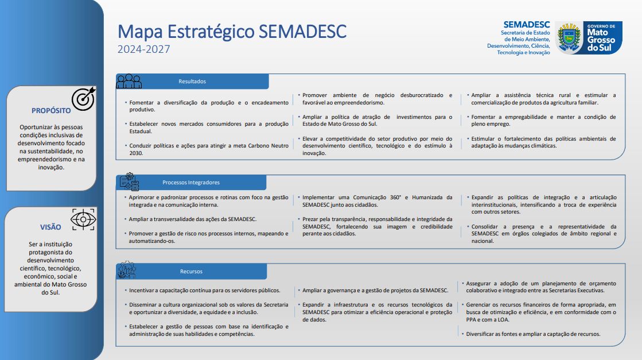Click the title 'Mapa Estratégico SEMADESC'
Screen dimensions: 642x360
pos(232,32)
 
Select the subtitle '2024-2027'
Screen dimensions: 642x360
pos(143,49)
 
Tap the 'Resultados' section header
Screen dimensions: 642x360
pos(192,82)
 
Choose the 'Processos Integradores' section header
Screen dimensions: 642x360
pos(191,183)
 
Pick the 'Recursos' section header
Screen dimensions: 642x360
pos(191,272)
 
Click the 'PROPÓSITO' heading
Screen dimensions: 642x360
pos(51,111)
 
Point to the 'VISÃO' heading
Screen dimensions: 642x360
pos(50,227)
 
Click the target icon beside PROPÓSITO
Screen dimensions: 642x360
pos(84,98)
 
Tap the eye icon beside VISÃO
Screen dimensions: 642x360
pos(83,219)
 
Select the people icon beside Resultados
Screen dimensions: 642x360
pos(129,81)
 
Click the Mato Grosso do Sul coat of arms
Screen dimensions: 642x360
pos(569,37)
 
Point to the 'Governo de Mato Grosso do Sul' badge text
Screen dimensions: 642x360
pos(601,38)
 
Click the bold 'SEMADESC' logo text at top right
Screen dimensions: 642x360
pos(527,25)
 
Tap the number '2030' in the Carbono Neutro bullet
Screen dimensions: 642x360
pos(136,153)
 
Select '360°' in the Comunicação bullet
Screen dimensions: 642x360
pos(395,198)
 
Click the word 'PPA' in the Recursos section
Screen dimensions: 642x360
pos(471,320)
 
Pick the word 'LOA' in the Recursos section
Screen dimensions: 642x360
pos(503,320)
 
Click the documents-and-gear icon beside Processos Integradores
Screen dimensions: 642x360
pos(130,182)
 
